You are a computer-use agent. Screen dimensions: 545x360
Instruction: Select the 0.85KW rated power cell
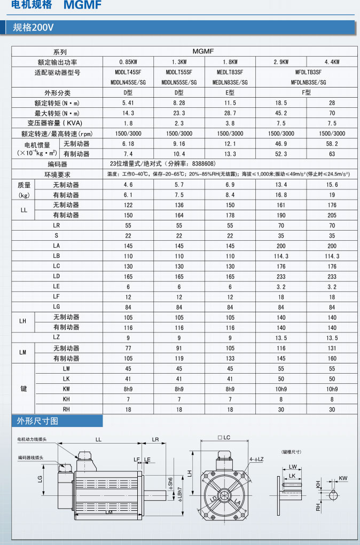pyautogui.click(x=128, y=62)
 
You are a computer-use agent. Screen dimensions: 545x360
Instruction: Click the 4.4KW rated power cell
pyautogui.click(x=332, y=62)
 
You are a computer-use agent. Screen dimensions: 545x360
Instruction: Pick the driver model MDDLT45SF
pyautogui.click(x=128, y=72)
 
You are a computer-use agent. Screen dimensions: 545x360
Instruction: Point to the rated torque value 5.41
pyautogui.click(x=128, y=102)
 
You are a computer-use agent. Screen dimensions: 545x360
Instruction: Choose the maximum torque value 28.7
pyautogui.click(x=230, y=113)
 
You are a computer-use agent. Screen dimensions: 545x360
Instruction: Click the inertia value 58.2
pyautogui.click(x=332, y=144)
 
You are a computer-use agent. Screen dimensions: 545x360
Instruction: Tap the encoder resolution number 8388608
pyautogui.click(x=202, y=164)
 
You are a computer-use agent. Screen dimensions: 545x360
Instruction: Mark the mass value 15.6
pyautogui.click(x=332, y=185)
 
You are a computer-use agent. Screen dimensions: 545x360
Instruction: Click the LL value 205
pyautogui.click(x=332, y=215)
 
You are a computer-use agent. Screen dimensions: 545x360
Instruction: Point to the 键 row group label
pyautogui.click(x=24, y=389)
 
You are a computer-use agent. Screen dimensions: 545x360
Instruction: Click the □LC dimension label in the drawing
pyautogui.click(x=224, y=438)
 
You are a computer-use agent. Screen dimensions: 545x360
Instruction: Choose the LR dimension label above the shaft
pyautogui.click(x=155, y=439)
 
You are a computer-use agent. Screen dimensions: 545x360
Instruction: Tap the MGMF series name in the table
pyautogui.click(x=203, y=51)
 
